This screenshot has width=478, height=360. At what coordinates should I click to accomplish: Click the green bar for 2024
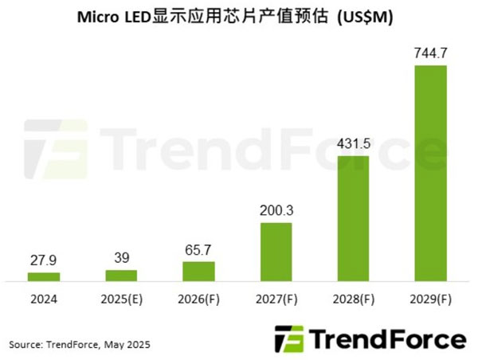44,276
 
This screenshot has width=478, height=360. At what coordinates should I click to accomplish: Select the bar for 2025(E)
121,275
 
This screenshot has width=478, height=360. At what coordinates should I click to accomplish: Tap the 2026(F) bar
198,271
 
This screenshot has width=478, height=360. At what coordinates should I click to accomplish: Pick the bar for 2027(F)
276,252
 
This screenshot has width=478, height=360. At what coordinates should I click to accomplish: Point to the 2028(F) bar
353,218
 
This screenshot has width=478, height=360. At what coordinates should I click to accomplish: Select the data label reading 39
121,259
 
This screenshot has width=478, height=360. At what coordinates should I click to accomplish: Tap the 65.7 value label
198,251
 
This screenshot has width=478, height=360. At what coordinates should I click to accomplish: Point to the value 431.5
353,145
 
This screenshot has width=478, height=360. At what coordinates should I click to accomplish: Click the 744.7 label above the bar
430,54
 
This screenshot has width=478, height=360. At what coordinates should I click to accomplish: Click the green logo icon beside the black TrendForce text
288,338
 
